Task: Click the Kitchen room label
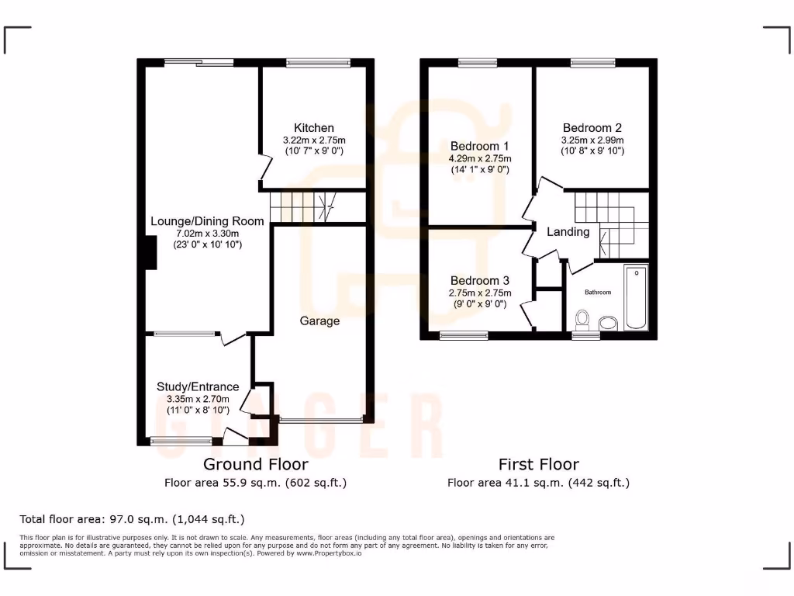(314, 128)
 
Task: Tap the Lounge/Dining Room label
(207, 221)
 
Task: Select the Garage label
(320, 321)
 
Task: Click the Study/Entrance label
(198, 386)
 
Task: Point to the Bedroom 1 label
(479, 146)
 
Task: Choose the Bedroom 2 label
(592, 128)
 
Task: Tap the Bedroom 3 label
(479, 280)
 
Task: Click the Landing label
(568, 231)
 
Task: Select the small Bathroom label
(598, 293)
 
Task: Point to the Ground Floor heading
(255, 464)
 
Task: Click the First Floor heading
(538, 464)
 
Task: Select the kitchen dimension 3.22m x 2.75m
(314, 140)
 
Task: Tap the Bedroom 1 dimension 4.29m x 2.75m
(479, 158)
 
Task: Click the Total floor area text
(132, 518)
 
